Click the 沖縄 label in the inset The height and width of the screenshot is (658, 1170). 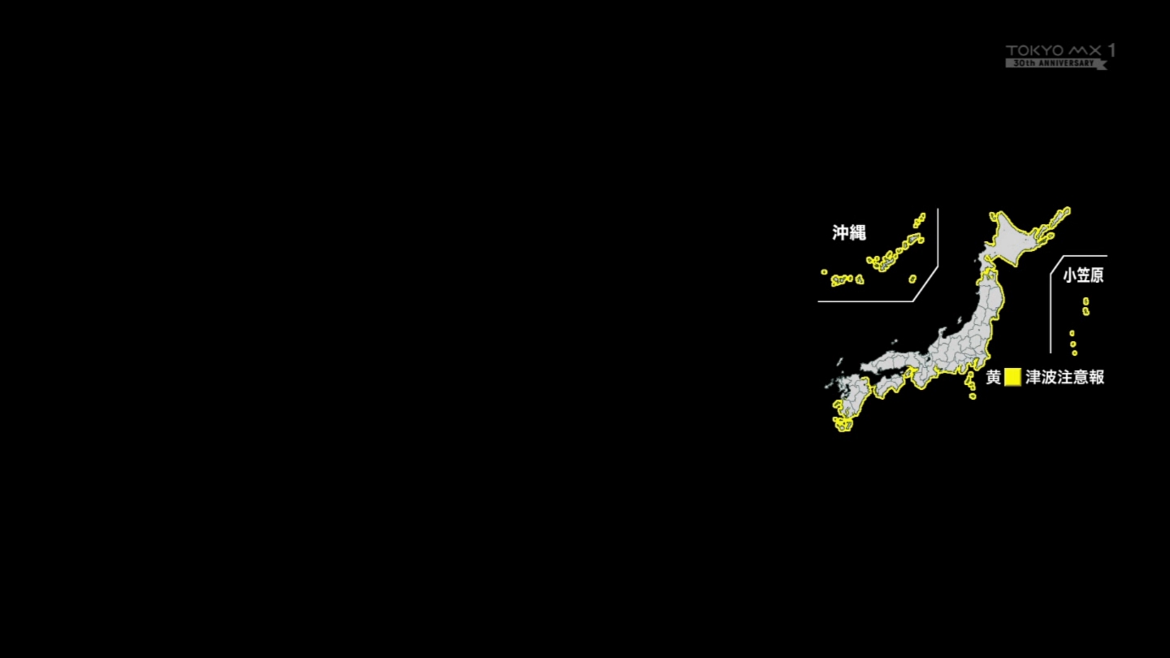[x=849, y=232]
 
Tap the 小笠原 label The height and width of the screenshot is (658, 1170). [x=1083, y=275]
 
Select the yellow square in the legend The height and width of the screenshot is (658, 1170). [x=1012, y=377]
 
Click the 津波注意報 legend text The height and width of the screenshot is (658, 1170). [x=1065, y=377]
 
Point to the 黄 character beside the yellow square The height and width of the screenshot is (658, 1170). [x=994, y=377]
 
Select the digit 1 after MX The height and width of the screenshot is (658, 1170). [x=1111, y=50]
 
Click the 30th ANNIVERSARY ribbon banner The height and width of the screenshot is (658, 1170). [x=1055, y=63]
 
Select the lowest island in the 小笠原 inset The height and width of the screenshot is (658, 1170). [x=1074, y=353]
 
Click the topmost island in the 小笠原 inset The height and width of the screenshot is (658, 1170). [x=1085, y=301]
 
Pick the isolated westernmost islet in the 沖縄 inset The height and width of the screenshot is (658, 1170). [x=824, y=272]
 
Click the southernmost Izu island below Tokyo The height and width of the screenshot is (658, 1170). [x=973, y=396]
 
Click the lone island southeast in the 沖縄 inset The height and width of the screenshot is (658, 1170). [x=912, y=279]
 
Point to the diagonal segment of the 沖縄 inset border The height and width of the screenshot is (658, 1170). [x=925, y=284]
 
